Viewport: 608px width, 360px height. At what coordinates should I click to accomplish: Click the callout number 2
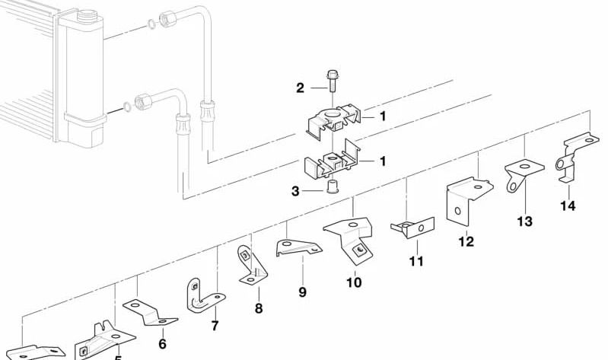[300, 88]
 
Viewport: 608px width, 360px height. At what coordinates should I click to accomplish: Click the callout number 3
[296, 191]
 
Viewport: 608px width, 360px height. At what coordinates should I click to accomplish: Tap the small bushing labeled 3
[332, 187]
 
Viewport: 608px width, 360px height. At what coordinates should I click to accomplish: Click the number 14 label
[568, 205]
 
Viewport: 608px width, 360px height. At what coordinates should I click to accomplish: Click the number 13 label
[525, 221]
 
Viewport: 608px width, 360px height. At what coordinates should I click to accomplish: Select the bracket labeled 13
[523, 174]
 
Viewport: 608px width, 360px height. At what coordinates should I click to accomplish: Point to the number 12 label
[466, 242]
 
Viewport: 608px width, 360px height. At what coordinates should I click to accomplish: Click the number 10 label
[354, 282]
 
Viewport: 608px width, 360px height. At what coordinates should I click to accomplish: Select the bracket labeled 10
[351, 234]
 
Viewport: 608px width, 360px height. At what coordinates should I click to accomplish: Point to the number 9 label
[302, 292]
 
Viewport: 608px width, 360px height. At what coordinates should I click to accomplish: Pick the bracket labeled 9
[298, 247]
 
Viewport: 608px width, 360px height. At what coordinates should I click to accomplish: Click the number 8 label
[259, 308]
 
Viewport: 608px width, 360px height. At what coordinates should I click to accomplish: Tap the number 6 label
[162, 344]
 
